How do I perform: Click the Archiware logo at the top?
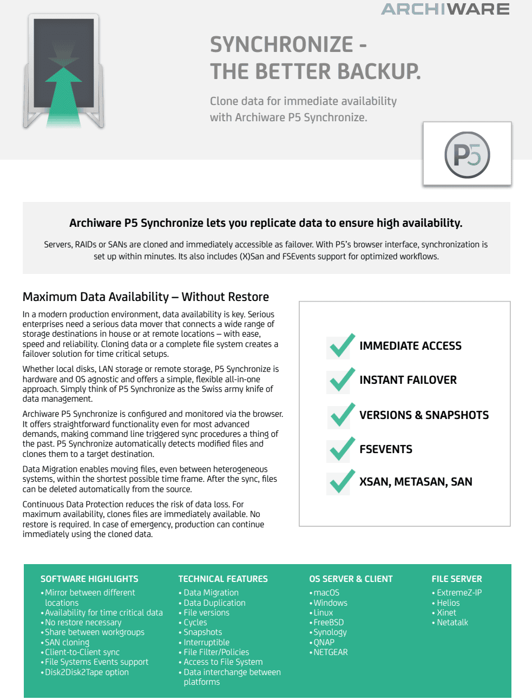[x=445, y=9]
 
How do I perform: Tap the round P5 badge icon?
[x=467, y=155]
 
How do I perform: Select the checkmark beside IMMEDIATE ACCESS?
[x=341, y=346]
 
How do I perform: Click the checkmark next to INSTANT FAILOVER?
[x=341, y=380]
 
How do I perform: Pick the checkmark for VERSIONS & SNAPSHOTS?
[x=341, y=415]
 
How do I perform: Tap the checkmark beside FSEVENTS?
[x=341, y=449]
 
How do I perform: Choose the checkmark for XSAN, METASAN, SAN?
[x=341, y=482]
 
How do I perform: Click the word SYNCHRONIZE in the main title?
[x=281, y=45]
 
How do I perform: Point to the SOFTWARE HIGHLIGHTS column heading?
[x=89, y=579]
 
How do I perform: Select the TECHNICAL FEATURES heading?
[x=223, y=579]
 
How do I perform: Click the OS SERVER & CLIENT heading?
[x=351, y=579]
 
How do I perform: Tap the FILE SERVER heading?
[x=457, y=579]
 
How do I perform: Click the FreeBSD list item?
[x=329, y=623]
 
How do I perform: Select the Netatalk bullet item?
[x=452, y=623]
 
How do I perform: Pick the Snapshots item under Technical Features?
[x=203, y=632]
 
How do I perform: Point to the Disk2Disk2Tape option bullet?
[x=87, y=672]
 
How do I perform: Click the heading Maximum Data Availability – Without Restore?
[x=146, y=297]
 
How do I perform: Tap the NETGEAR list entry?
[x=331, y=652]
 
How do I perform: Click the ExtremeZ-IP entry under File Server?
[x=459, y=593]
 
